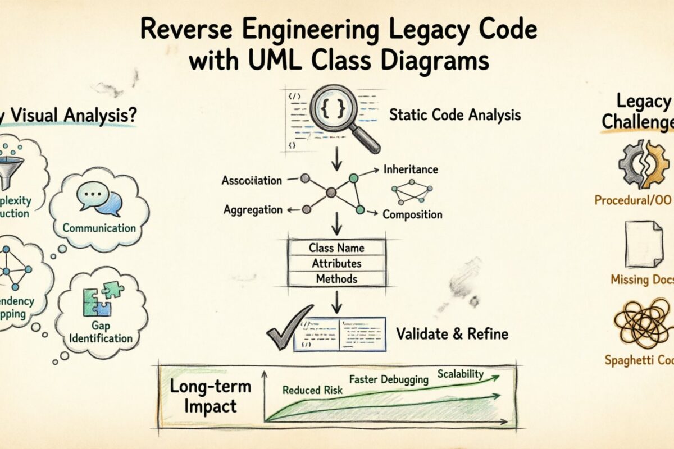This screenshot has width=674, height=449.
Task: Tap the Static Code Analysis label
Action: point(455,116)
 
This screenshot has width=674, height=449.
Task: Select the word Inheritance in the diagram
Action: point(410,169)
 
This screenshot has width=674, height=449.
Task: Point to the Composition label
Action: point(412,214)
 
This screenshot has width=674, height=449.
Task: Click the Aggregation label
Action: point(253,210)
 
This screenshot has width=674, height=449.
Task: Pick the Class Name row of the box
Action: point(336,248)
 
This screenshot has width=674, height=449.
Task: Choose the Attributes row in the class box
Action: point(336,263)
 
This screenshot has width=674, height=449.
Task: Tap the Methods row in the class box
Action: point(336,278)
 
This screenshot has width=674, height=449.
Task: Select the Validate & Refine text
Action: point(452,334)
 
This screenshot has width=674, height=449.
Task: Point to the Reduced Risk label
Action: point(309,390)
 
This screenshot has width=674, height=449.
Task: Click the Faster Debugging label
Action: point(389,379)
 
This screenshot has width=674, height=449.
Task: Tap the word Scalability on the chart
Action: point(460,374)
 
